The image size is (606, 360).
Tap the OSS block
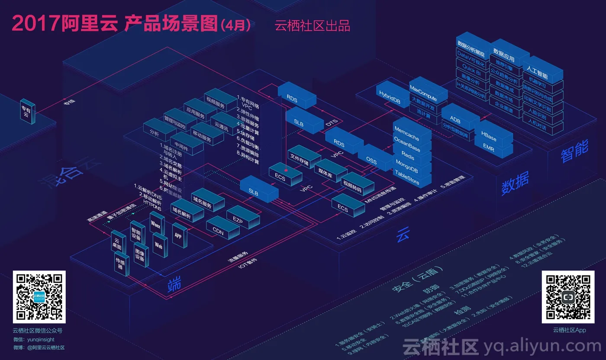(x=371, y=161)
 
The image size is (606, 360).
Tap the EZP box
(x=237, y=221)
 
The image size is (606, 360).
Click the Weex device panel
(x=155, y=225)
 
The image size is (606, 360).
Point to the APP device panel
(x=178, y=236)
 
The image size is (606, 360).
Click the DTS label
(x=332, y=123)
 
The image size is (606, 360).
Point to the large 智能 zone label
(x=574, y=151)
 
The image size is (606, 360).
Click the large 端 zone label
(x=174, y=284)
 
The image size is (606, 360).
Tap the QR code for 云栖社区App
(x=568, y=297)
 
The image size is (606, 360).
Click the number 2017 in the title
(x=35, y=24)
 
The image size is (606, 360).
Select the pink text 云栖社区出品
(x=312, y=26)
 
